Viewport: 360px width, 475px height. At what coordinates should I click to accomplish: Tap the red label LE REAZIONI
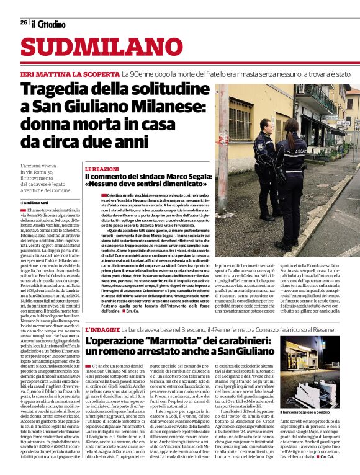(101, 169)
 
